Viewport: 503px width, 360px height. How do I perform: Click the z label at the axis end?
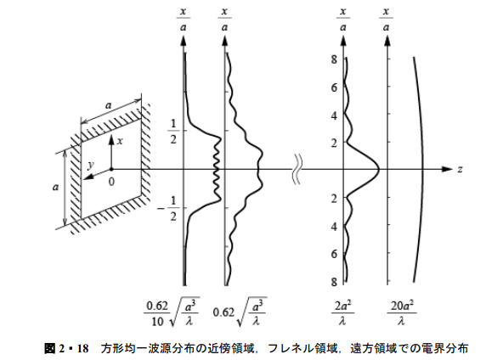point(460,169)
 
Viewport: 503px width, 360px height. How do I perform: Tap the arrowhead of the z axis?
point(447,169)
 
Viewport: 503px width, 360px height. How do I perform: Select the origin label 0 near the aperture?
point(111,182)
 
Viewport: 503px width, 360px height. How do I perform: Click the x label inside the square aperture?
point(120,141)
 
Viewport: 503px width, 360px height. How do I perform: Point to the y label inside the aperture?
point(91,165)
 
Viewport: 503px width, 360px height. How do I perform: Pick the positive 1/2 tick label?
point(173,131)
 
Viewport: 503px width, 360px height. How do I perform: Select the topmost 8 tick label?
point(334,59)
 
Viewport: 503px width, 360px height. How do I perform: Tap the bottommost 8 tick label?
point(334,282)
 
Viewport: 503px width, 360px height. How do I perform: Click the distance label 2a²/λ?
point(342,312)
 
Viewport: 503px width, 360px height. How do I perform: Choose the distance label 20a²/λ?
point(402,312)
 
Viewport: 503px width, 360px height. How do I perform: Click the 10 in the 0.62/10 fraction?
point(157,321)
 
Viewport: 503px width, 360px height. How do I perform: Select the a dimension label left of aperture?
point(55,187)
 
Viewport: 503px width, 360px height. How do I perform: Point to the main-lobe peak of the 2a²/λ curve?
point(379,169)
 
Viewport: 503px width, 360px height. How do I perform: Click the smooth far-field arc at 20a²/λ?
point(423,169)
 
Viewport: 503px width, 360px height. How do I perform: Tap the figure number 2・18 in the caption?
point(74,348)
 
